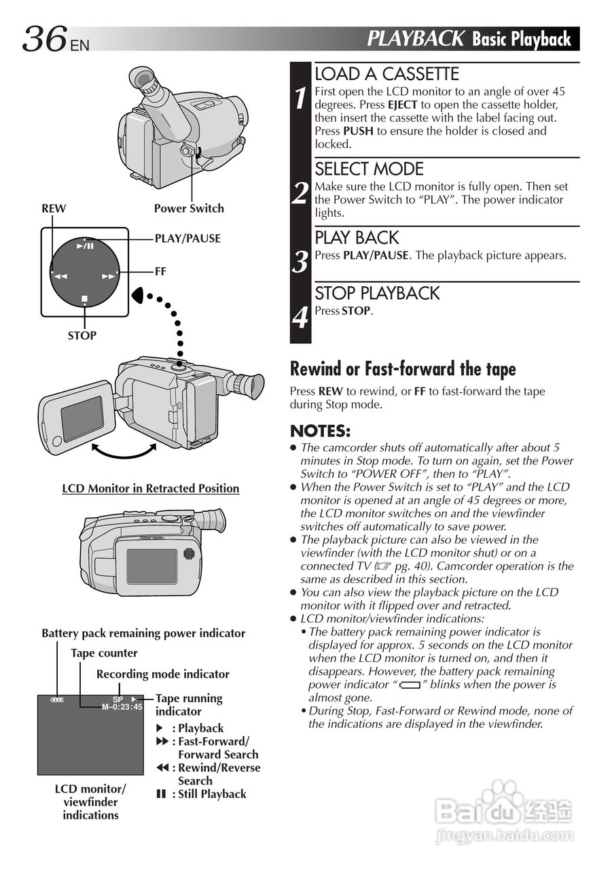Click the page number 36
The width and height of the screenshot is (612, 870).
(45, 39)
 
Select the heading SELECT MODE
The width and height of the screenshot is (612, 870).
(369, 169)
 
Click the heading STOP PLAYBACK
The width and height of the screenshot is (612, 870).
(377, 293)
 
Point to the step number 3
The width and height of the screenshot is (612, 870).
(300, 262)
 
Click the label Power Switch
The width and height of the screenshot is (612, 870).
(188, 209)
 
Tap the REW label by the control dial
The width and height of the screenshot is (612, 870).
(54, 209)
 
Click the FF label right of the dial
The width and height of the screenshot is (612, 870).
(160, 271)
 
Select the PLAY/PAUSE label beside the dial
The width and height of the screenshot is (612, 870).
(187, 239)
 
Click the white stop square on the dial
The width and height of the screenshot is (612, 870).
(84, 298)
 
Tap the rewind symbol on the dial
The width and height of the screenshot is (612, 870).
(60, 277)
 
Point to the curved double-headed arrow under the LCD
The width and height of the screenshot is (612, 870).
(123, 451)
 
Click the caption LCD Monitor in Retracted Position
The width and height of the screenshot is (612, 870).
(151, 488)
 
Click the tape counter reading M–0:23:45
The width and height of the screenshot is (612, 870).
(122, 707)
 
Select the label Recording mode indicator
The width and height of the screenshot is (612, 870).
(163, 674)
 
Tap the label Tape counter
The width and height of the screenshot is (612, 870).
(104, 653)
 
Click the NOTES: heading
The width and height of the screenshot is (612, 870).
(320, 431)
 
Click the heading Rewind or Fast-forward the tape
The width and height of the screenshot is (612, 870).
(403, 369)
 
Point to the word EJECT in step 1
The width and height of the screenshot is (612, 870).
(402, 105)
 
